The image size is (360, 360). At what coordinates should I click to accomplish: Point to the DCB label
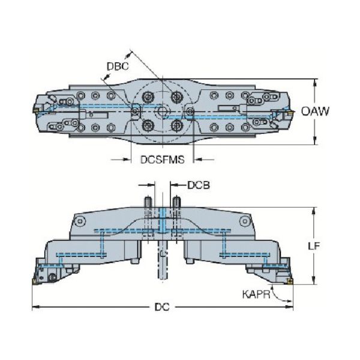(199, 186)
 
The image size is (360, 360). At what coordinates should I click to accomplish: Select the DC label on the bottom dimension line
(161, 308)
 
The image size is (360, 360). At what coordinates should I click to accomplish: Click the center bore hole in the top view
(162, 112)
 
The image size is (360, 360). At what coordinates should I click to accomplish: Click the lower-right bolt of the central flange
(176, 125)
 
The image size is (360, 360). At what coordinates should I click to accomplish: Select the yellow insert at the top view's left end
(35, 110)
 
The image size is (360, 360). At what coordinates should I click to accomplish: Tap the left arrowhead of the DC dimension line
(34, 308)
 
